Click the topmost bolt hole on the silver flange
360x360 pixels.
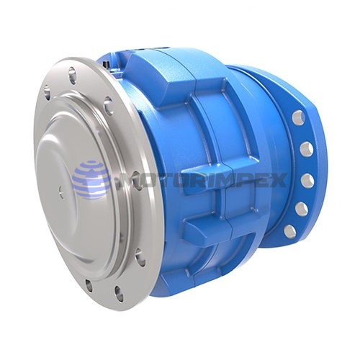72,72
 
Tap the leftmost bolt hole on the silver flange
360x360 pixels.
47,93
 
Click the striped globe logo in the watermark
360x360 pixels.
91,177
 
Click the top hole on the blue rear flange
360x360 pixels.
297,117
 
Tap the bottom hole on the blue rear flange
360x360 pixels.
289,231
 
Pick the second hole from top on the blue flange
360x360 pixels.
305,148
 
